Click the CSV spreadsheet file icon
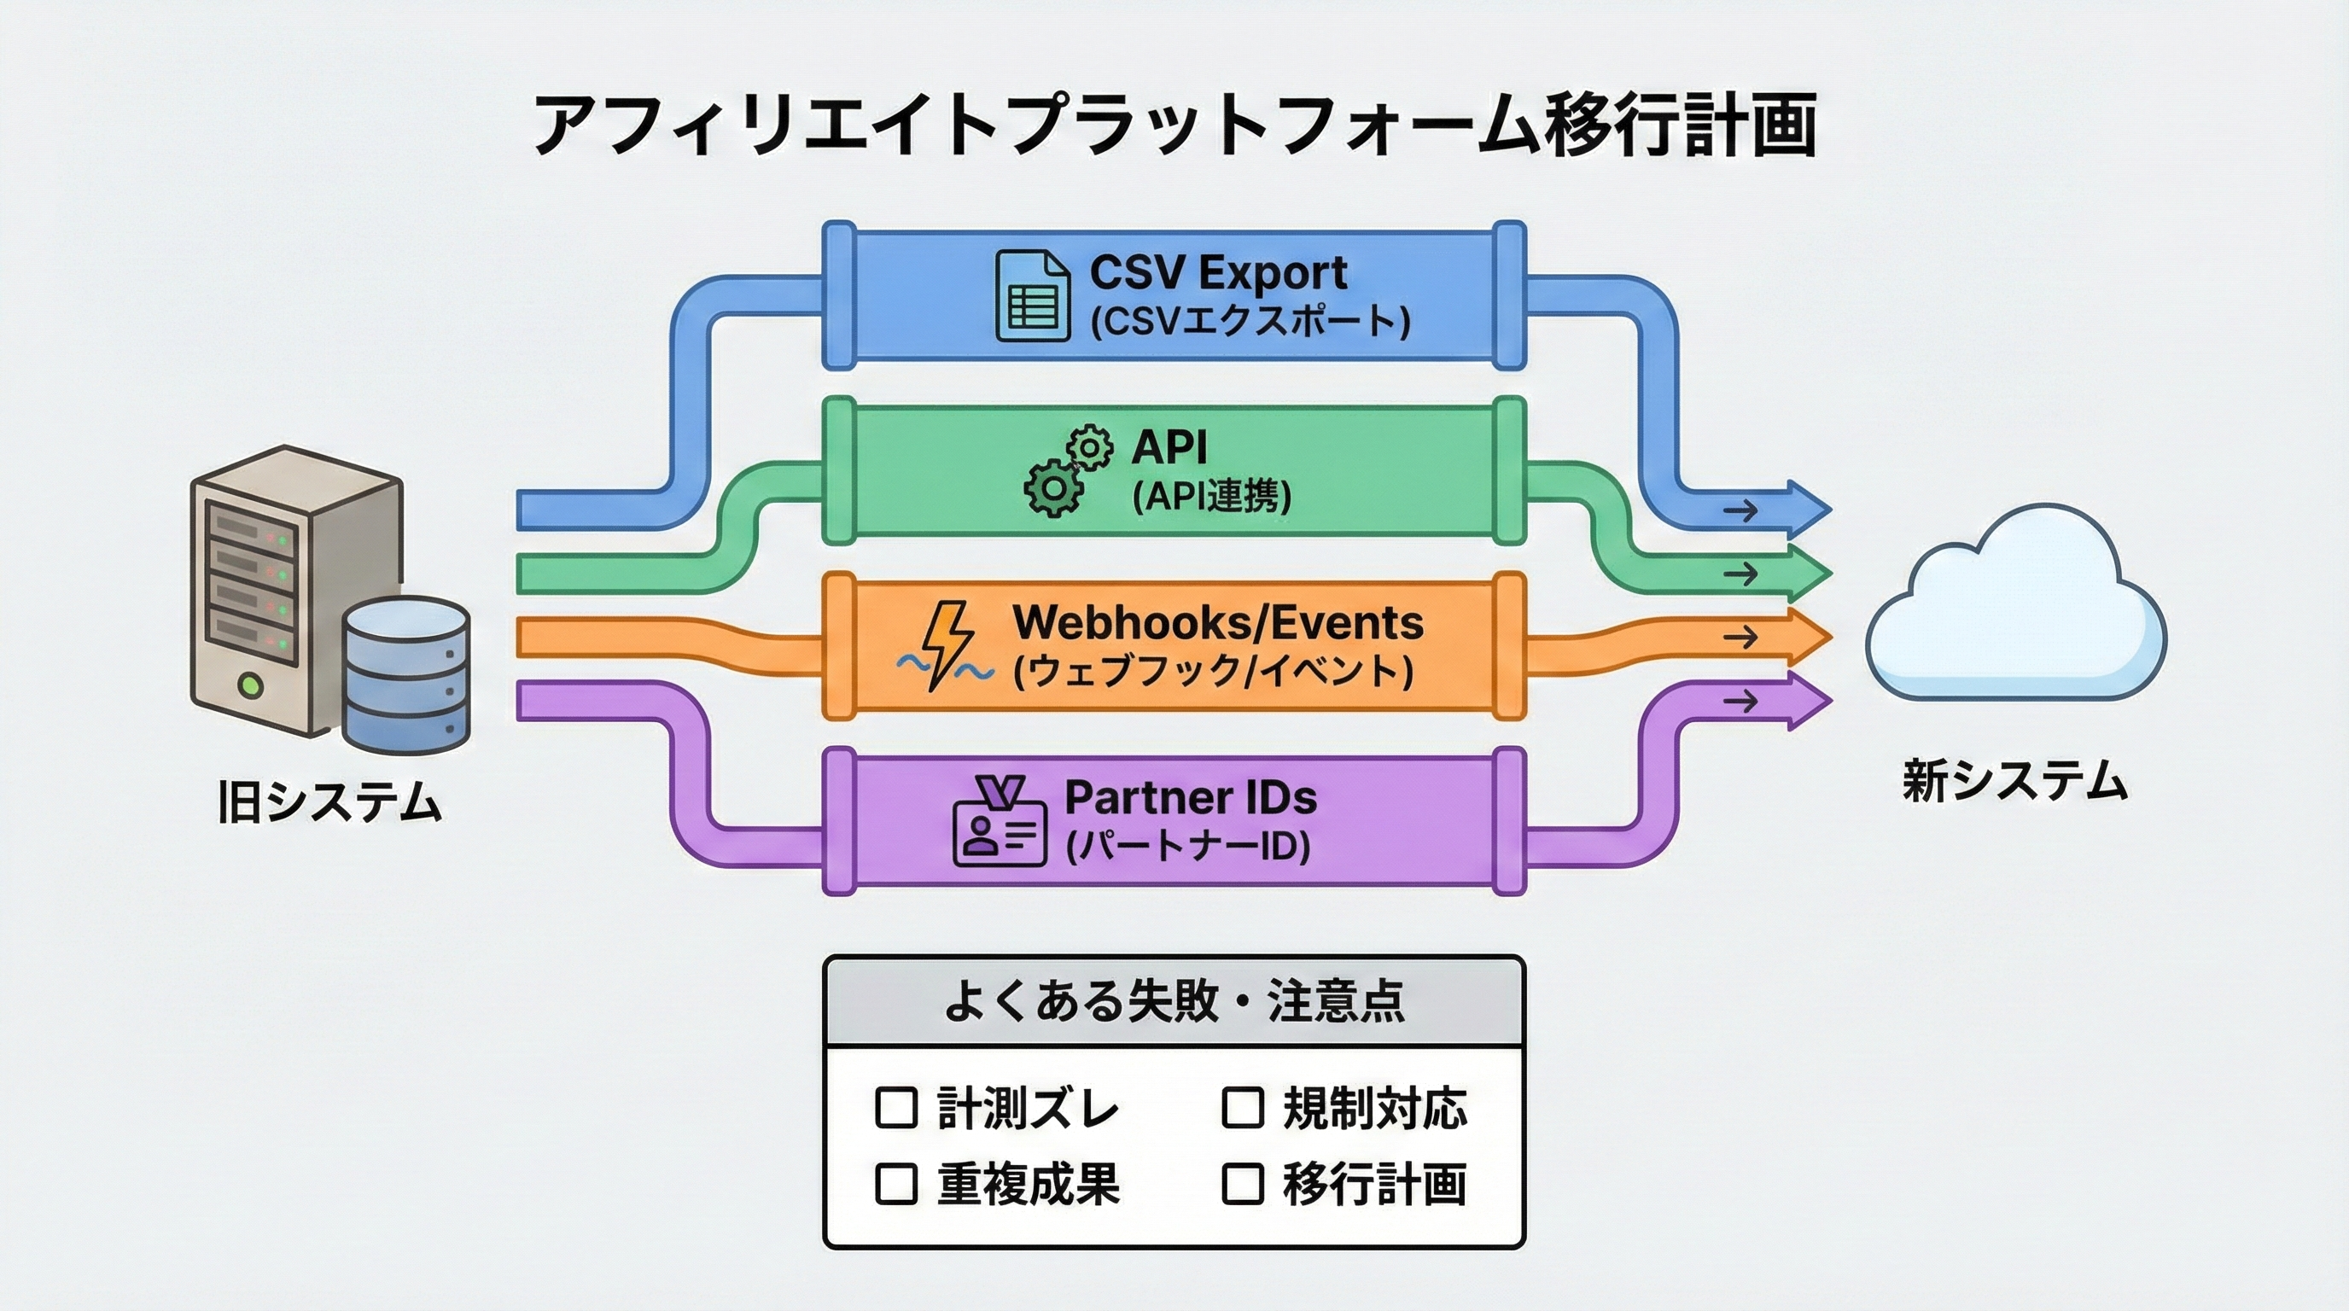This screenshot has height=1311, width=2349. pyautogui.click(x=1032, y=296)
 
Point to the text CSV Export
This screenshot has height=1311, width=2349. pyautogui.click(x=1217, y=271)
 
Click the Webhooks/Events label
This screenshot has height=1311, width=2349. pyautogui.click(x=1217, y=623)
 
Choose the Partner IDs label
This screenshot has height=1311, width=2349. pyautogui.click(x=1190, y=798)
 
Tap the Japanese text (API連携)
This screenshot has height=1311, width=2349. pyautogui.click(x=1211, y=497)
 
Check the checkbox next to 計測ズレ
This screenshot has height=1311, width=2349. pyautogui.click(x=895, y=1108)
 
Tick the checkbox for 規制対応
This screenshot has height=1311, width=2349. pyautogui.click(x=1242, y=1108)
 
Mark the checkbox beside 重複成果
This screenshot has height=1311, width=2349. pyautogui.click(x=895, y=1183)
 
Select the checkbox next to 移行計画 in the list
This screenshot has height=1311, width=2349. pyautogui.click(x=1242, y=1183)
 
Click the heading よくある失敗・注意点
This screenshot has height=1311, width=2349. pyautogui.click(x=1173, y=1001)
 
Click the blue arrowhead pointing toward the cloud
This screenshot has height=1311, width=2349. pyautogui.click(x=1805, y=507)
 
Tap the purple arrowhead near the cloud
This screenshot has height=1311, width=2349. pyautogui.click(x=1805, y=700)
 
